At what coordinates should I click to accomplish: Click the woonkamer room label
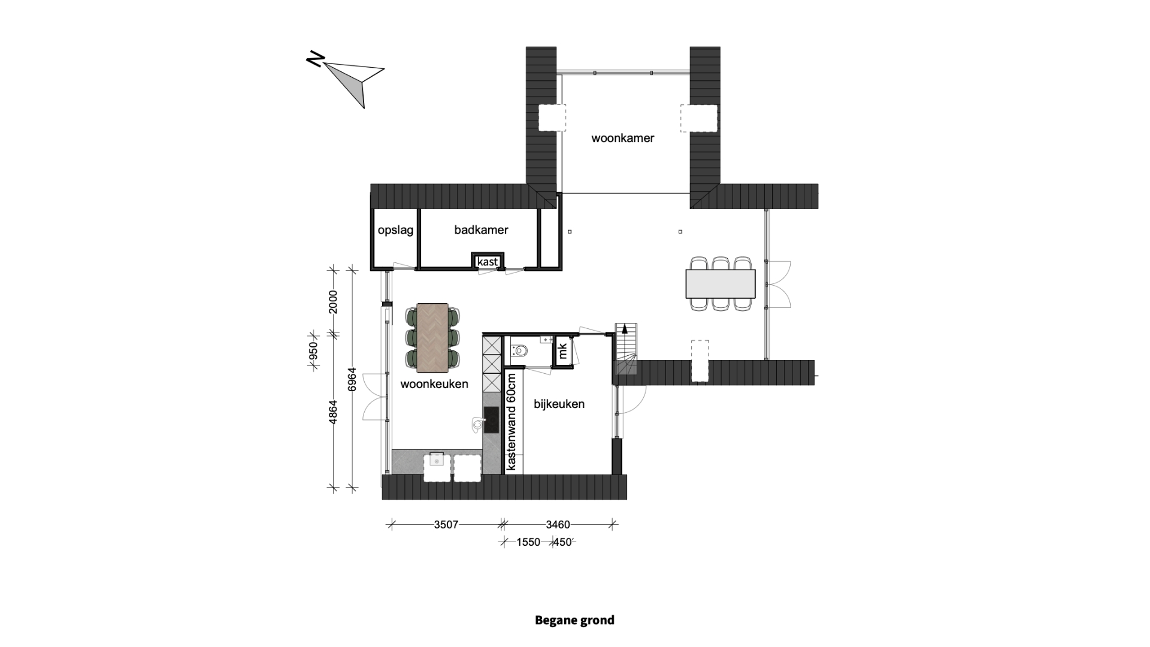622,138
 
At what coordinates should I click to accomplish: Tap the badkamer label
481,230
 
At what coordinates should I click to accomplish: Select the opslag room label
395,231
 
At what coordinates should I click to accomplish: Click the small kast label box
488,262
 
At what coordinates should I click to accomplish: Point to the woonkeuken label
434,384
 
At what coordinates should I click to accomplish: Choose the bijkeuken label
559,404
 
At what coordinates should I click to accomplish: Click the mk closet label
562,350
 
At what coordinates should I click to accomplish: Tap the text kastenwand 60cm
511,422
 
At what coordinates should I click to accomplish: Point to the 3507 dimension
446,525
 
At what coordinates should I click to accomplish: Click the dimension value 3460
558,525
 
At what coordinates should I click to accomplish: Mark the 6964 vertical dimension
352,380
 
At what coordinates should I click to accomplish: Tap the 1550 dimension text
528,542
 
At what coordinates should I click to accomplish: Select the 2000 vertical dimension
333,301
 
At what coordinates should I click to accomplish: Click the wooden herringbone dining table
432,335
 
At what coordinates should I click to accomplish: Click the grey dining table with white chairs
720,283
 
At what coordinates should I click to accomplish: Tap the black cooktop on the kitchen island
491,419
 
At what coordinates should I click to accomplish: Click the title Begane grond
574,620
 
